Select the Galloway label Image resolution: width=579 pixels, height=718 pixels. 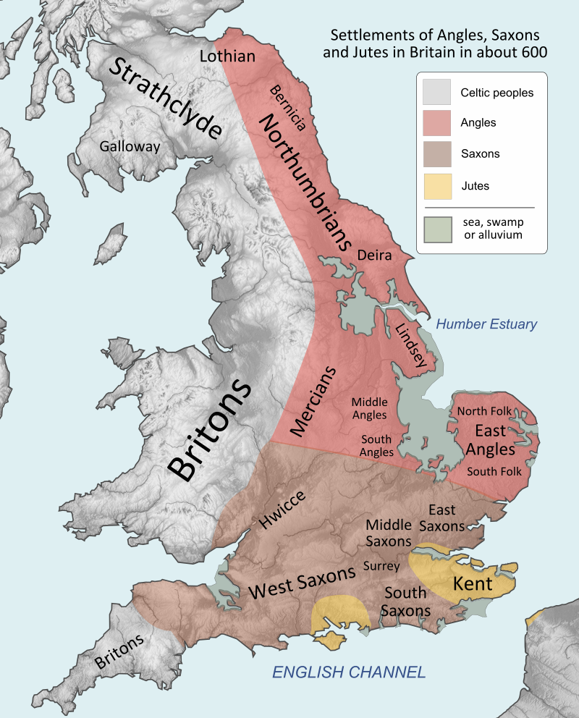coord(130,146)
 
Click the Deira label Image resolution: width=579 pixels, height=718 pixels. coord(374,255)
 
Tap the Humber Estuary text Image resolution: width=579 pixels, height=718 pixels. coord(486,325)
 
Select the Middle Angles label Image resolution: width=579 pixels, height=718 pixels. coord(369,408)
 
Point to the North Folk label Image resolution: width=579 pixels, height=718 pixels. coord(484,411)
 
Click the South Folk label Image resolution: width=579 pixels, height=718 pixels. coord(494,471)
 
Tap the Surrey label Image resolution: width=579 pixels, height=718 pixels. coord(381,566)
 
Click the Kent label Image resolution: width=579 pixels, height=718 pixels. coord(473,583)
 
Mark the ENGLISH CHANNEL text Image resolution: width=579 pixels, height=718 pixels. coord(348,672)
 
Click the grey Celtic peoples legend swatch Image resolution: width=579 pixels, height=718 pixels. coord(437,93)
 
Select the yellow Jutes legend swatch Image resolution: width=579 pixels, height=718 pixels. coord(437,186)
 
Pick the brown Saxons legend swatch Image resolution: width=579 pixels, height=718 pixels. coord(437,154)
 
